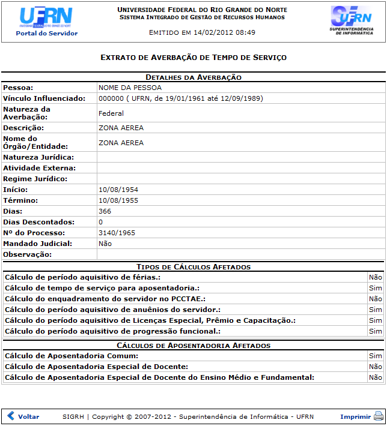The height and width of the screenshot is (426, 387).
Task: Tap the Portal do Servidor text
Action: (x=47, y=34)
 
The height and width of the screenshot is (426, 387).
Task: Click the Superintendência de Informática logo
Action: (x=352, y=21)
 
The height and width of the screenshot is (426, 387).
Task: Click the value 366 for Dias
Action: (x=105, y=211)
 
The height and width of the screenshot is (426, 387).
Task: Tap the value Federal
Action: (x=111, y=113)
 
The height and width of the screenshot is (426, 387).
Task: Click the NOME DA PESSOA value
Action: (x=130, y=88)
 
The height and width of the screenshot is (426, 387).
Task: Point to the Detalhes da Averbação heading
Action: (x=194, y=77)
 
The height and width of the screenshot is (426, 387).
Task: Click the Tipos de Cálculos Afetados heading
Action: (x=194, y=267)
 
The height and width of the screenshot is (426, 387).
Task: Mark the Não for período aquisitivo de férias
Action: (x=376, y=278)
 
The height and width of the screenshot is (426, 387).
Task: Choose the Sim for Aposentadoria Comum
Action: (x=376, y=356)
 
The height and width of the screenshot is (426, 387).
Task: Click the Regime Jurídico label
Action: (x=35, y=179)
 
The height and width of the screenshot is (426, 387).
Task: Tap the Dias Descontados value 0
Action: (x=101, y=222)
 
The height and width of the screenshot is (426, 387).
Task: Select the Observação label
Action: (x=28, y=254)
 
